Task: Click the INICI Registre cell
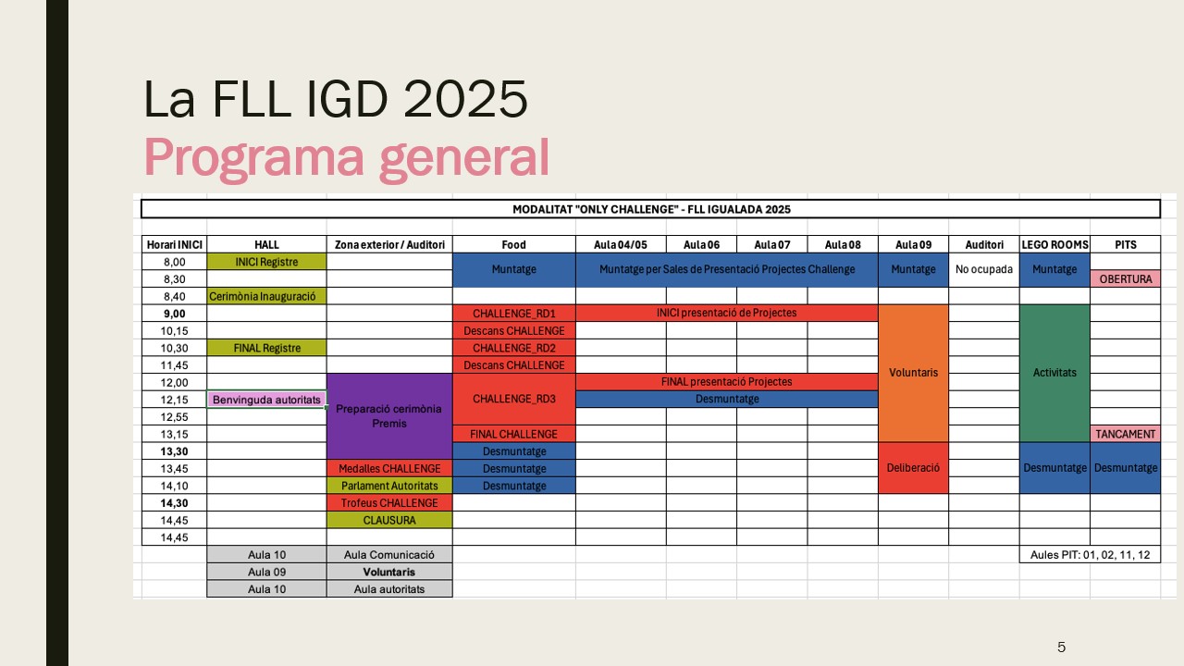coord(266,262)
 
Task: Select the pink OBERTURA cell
coord(1126,278)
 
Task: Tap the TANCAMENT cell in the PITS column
coord(1126,434)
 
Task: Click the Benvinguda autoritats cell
coord(266,400)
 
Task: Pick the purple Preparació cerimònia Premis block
coord(389,416)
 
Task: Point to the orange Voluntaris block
coord(913,373)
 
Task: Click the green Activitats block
coord(1054,373)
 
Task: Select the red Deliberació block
coord(913,468)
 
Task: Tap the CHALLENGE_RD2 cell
coord(513,348)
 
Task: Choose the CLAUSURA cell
coord(389,520)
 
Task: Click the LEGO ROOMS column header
coord(1054,245)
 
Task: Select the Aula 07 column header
coord(771,245)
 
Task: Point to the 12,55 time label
coord(175,417)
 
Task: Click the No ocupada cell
coord(983,269)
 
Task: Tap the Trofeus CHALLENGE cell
coord(389,502)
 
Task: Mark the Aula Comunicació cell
coord(389,554)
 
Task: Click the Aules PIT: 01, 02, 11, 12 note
coord(1090,554)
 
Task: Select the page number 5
coord(1061,647)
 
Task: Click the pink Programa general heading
coord(347,158)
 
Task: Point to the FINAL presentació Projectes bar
coord(727,382)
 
